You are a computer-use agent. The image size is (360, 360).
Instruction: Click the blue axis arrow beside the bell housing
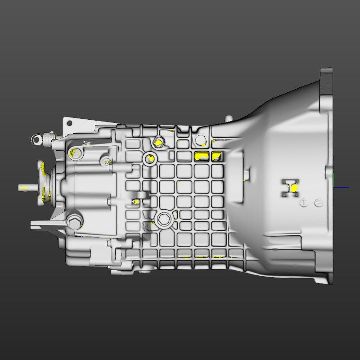point(343,187)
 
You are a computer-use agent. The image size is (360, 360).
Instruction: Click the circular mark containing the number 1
point(304,202)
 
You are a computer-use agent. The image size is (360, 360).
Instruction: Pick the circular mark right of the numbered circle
point(319,202)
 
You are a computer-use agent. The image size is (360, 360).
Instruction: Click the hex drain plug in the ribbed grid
point(162,219)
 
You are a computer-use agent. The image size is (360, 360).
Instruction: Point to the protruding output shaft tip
point(22,187)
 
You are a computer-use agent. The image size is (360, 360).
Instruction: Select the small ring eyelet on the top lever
point(36,140)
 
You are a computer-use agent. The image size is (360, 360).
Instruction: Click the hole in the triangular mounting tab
point(69,122)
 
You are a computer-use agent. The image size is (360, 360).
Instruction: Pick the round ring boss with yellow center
point(149,158)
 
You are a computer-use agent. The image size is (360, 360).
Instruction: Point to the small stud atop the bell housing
point(229,118)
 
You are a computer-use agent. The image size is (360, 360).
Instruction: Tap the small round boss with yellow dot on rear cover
point(107,162)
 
